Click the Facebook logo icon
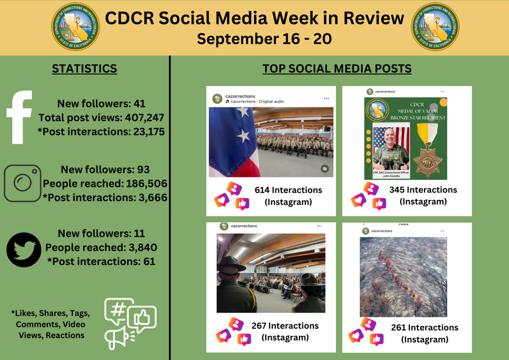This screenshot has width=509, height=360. pos(20,117)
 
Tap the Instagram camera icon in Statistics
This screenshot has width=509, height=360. pos(22,183)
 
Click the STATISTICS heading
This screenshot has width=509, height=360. pos(85,69)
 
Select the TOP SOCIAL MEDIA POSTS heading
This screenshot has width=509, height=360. pos(337,69)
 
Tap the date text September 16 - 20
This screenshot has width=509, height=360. pos(264,39)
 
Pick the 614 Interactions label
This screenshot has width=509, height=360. pos(288,190)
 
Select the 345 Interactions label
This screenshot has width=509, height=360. pos(423,189)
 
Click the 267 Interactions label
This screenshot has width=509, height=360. pos(285,326)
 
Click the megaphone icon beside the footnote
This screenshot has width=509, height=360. pos(115,338)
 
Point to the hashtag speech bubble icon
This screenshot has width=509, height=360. pos(118,309)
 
